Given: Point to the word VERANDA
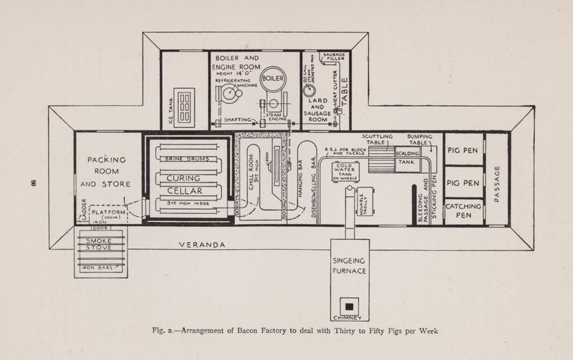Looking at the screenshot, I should click(x=203, y=245).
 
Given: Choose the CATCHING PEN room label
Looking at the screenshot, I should click(x=463, y=210).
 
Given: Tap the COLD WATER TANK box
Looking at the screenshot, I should click(x=346, y=172).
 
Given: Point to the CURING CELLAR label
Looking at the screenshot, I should click(x=186, y=185).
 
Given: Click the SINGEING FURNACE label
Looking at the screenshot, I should click(x=350, y=266).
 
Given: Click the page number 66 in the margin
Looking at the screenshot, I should click(x=34, y=183).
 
